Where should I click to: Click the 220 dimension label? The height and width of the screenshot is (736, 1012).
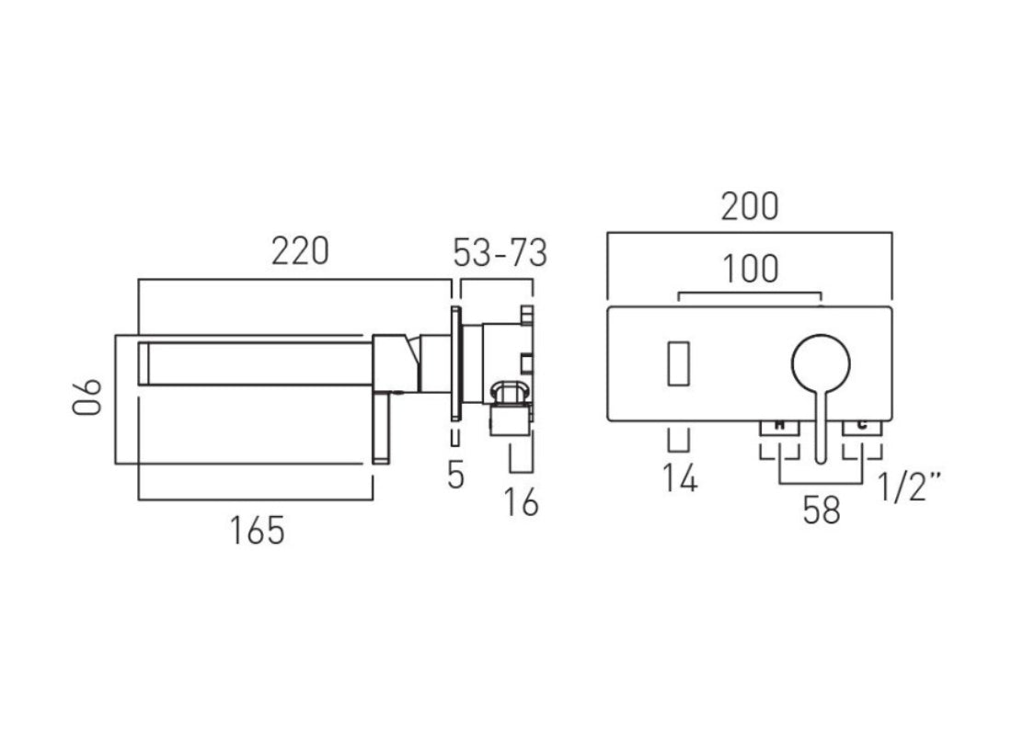pyautogui.click(x=299, y=251)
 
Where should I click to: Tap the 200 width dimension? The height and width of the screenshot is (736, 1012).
pyautogui.click(x=749, y=208)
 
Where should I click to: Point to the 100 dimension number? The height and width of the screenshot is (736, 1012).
pyautogui.click(x=749, y=270)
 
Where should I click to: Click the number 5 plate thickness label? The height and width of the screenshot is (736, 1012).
pyautogui.click(x=455, y=475)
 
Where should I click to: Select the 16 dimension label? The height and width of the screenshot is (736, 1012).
pyautogui.click(x=522, y=502)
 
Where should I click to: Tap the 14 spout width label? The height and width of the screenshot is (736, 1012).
pyautogui.click(x=679, y=478)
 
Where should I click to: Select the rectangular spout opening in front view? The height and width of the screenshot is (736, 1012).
pyautogui.click(x=679, y=362)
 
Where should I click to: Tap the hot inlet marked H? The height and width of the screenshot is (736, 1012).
pyautogui.click(x=779, y=425)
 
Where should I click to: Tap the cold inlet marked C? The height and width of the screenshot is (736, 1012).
pyautogui.click(x=862, y=425)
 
